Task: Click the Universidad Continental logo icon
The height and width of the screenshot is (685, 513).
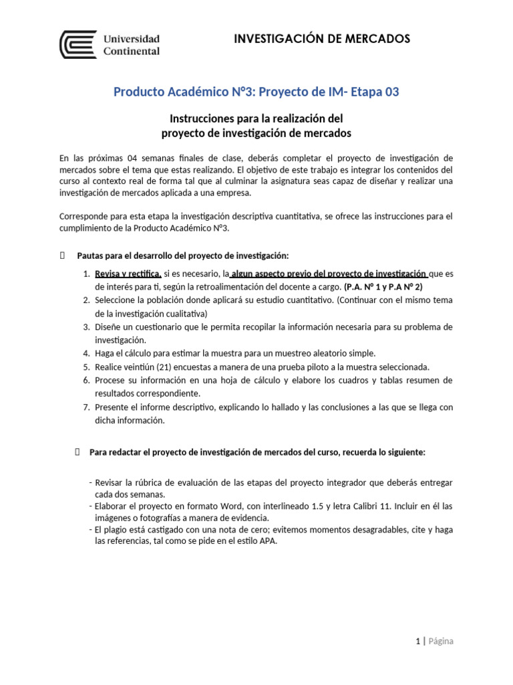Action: coord(78,45)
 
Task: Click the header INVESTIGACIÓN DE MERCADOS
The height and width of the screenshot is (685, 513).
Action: coord(322,39)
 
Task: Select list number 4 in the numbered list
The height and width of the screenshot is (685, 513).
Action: coord(86,353)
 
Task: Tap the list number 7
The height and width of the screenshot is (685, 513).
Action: coord(86,407)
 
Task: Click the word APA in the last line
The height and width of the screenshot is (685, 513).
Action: coord(268,541)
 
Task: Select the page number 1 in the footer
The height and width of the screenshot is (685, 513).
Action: coord(417,641)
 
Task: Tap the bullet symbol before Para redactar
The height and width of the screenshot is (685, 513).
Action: coord(78,452)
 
